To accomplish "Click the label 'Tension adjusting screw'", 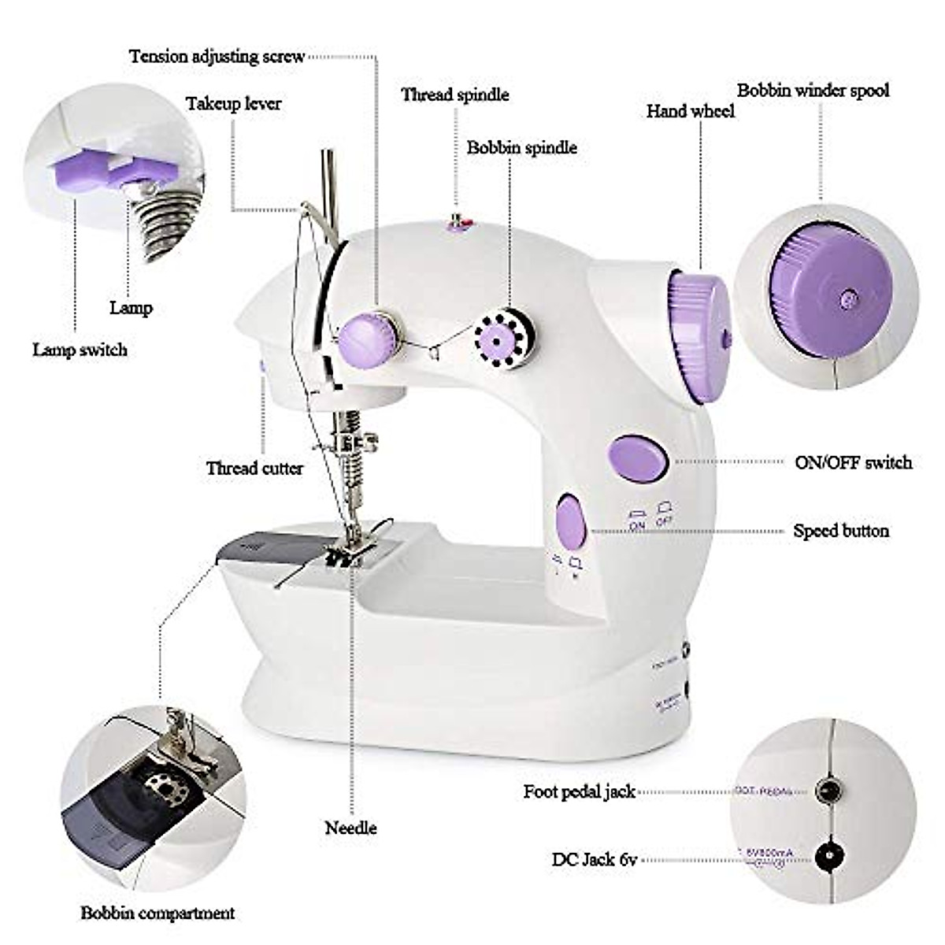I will coord(217,57).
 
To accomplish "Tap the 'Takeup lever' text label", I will coord(233,104).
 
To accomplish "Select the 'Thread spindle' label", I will coord(455,95).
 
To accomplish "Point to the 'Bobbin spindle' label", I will coord(521,148).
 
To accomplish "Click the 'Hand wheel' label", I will coord(690,112).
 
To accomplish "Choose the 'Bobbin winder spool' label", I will coord(813,91).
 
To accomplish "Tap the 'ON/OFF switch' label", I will coord(853,462).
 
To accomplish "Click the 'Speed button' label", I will coord(841,531).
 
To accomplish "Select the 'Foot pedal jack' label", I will coord(579,791).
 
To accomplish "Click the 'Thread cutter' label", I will coord(254,469).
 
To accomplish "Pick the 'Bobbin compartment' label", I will coord(157,913).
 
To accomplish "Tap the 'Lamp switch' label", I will coord(80,350).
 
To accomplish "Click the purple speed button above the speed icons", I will coord(570,521).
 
